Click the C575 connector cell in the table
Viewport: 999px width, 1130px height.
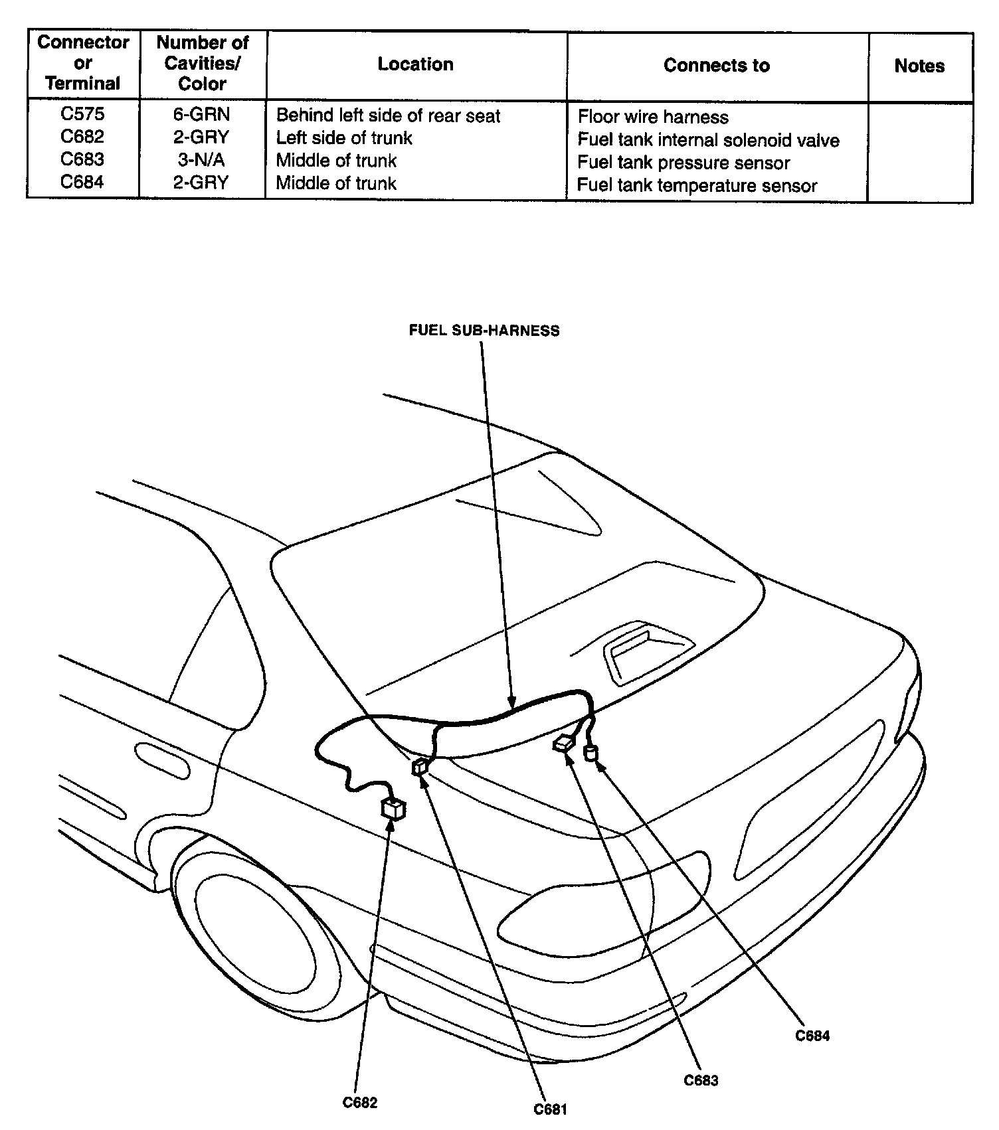tap(82, 114)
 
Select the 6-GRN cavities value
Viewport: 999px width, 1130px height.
tap(201, 115)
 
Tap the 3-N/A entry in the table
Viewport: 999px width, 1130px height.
tap(201, 160)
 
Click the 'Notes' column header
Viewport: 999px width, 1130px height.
tap(919, 66)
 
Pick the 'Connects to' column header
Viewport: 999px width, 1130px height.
tap(717, 66)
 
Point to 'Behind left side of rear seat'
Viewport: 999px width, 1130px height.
tap(388, 116)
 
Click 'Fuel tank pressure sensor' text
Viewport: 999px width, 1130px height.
tap(683, 163)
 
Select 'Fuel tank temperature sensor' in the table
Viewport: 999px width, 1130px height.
tap(697, 185)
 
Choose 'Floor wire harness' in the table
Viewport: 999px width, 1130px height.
tap(653, 118)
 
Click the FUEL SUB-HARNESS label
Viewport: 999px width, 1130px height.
tap(484, 331)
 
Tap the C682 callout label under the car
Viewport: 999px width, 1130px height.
tap(360, 1102)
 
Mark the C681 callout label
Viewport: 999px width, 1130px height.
tap(551, 1109)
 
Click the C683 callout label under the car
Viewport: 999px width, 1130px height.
tap(701, 1080)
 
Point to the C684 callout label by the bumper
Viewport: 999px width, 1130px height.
tap(812, 1035)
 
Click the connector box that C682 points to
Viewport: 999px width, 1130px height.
tap(393, 809)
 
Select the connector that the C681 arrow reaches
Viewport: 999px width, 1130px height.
tap(420, 767)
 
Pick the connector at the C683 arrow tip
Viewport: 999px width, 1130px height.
tap(564, 744)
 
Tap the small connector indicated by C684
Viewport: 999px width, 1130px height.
tap(590, 753)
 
